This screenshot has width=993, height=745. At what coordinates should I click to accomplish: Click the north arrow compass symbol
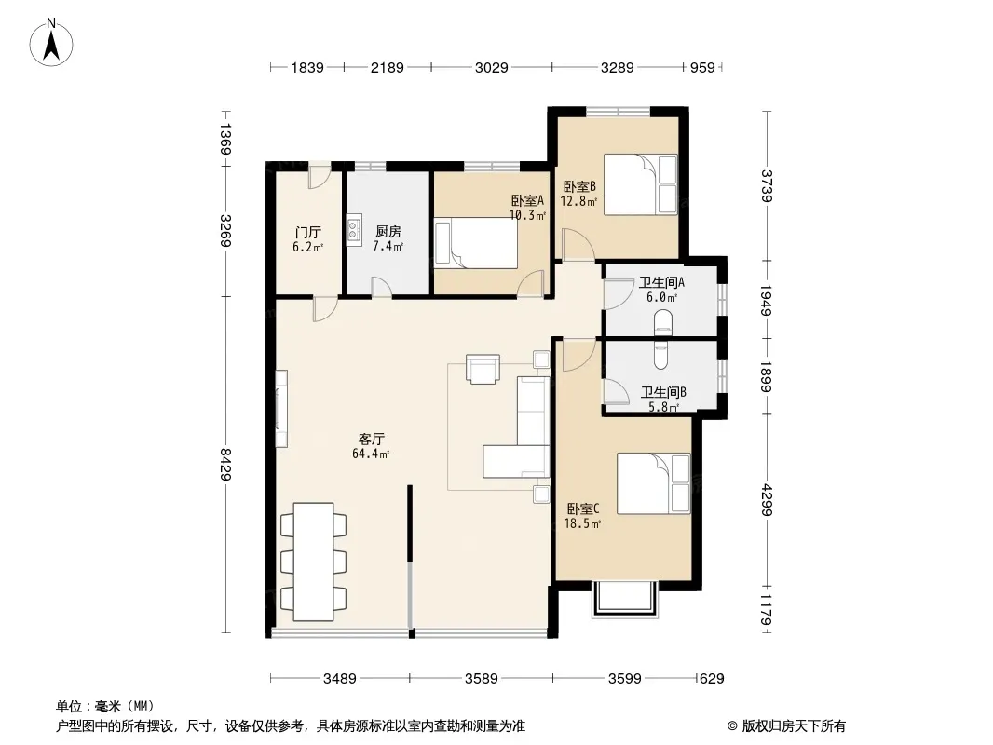[x=51, y=43]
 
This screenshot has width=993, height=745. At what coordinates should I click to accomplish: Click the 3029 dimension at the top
[x=492, y=67]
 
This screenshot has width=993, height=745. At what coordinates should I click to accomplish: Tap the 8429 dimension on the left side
[x=225, y=464]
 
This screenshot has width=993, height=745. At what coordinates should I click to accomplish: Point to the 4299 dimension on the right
[x=767, y=499]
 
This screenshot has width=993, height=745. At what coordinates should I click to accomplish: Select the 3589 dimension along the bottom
[x=482, y=679]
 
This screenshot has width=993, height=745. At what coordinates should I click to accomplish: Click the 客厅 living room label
[x=371, y=439]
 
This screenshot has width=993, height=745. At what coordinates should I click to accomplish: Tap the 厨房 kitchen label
[x=388, y=232]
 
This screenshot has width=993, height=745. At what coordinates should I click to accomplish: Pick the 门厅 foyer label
[x=307, y=232]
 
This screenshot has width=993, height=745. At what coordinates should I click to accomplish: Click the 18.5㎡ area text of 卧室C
[x=582, y=523]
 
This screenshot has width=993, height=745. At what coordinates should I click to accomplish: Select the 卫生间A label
[x=661, y=282]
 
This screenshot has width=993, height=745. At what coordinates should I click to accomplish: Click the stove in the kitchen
[x=354, y=230]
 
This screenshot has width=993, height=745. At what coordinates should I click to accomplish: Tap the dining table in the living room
[x=314, y=562]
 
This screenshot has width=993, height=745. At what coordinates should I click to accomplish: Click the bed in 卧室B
[x=640, y=184]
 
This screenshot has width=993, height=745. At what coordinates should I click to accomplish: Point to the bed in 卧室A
[x=476, y=244]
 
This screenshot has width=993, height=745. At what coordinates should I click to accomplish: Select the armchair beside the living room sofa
[x=483, y=369]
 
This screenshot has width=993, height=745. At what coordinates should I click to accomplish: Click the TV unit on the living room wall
[x=281, y=408]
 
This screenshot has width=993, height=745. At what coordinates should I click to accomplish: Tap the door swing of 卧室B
[x=578, y=244]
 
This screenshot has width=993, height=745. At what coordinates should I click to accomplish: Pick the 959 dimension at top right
[x=702, y=67]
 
